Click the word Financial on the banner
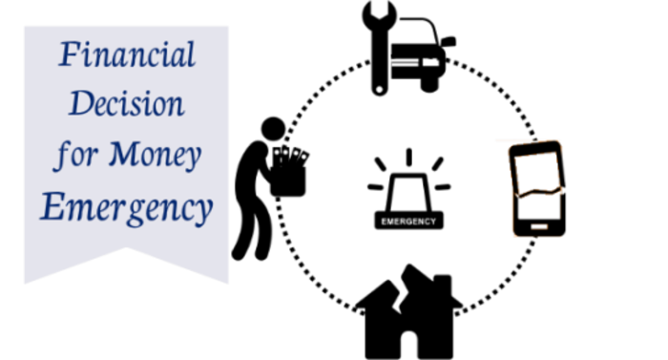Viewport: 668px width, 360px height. coord(127,55)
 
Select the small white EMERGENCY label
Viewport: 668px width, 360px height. coord(408,222)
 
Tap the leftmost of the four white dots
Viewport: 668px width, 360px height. coord(277,151)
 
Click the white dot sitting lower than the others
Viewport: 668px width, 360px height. coord(303,157)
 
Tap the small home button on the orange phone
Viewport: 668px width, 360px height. coord(537,227)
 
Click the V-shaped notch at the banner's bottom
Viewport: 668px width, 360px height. coord(126,250)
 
